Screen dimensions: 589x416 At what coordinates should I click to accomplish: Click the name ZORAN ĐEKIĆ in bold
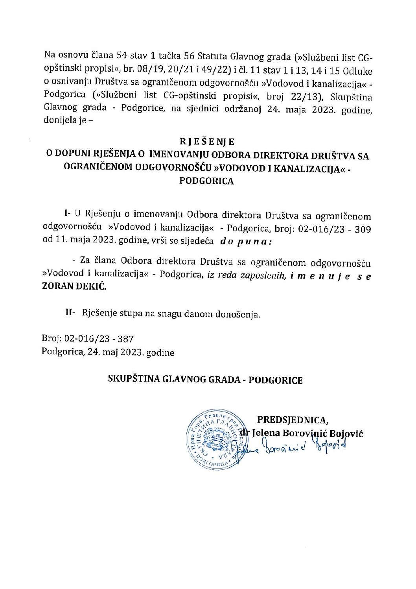tap(74, 287)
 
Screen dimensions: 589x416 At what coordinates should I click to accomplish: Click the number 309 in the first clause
tap(363, 229)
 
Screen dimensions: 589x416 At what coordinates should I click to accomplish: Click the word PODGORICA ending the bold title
tap(206, 181)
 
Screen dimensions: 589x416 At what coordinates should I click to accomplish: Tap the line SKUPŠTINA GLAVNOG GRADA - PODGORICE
tap(206, 380)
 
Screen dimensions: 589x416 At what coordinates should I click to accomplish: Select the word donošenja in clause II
tap(238, 314)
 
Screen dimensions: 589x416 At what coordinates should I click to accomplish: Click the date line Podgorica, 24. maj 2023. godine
tap(108, 353)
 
